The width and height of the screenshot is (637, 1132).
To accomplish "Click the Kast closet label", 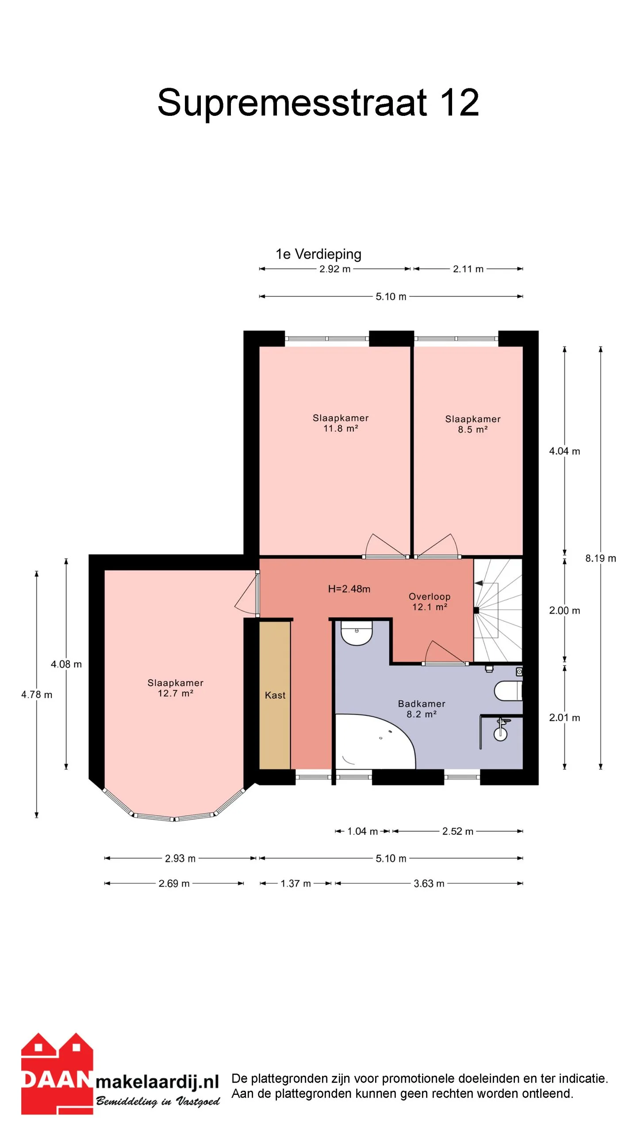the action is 275,695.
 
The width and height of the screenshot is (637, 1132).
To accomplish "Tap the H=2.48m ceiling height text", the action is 349,589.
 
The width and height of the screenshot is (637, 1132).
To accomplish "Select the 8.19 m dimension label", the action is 600,558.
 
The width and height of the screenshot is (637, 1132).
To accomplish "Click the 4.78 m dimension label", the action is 37,695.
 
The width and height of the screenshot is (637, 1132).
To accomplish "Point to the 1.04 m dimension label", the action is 362,831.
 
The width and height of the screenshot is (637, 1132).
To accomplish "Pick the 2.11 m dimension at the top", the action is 468,269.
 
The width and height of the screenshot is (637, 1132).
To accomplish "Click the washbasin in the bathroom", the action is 356,633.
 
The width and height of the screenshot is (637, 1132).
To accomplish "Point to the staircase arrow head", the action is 478,583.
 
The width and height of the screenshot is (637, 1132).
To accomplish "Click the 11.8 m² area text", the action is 341,428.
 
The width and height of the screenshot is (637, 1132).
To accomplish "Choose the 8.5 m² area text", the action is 473,429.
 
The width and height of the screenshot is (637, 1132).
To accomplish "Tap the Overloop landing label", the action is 430,597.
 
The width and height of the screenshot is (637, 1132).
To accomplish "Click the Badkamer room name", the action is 422,704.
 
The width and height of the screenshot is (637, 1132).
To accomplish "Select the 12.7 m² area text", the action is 176,693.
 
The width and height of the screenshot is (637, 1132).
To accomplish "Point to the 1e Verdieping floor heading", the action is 318,254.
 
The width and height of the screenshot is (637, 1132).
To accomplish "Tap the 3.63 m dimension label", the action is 429,883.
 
